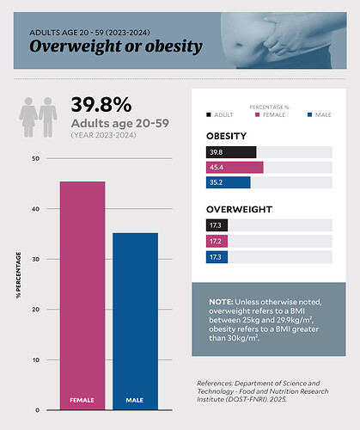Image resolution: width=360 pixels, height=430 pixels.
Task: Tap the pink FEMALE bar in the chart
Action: pyautogui.click(x=82, y=292)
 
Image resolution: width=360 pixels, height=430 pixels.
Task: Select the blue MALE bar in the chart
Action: pyautogui.click(x=135, y=318)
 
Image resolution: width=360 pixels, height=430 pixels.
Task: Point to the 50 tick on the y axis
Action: pyautogui.click(x=34, y=159)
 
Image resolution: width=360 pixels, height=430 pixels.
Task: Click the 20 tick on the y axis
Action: pyautogui.click(x=34, y=310)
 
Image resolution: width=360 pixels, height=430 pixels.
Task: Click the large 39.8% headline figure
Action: pyautogui.click(x=101, y=105)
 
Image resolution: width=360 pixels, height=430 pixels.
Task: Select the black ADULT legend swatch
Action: pyautogui.click(x=209, y=114)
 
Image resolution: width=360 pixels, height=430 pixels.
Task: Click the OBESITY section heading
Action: pyautogui.click(x=227, y=136)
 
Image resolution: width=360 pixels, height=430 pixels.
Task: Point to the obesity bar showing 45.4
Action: pyautogui.click(x=235, y=167)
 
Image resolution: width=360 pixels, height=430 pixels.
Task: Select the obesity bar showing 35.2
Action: pyautogui.click(x=228, y=182)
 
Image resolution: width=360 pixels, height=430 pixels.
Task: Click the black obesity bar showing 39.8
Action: pyautogui.click(x=231, y=152)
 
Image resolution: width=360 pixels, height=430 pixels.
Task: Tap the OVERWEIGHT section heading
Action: pyautogui.click(x=239, y=209)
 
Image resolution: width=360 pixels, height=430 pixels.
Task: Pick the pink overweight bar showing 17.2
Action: pyautogui.click(x=217, y=242)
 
